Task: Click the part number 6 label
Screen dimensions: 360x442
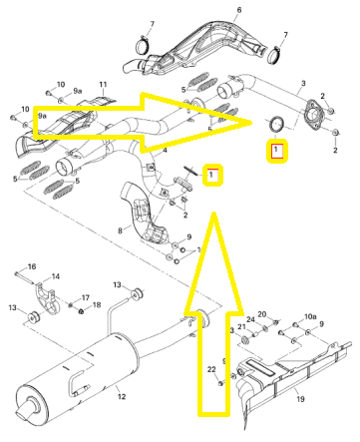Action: [239, 10]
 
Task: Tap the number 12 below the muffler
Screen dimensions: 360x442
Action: [122, 396]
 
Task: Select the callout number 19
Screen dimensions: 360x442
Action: [300, 399]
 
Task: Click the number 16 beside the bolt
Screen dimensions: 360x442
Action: [32, 266]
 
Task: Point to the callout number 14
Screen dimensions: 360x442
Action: [56, 276]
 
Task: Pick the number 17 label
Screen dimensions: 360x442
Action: [86, 297]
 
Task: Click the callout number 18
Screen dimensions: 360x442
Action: [97, 305]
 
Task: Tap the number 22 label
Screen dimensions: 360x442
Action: [211, 369]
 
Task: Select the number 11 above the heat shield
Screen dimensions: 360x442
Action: [103, 85]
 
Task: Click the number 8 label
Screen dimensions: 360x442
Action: [120, 230]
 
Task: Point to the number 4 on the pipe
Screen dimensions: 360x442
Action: [165, 151]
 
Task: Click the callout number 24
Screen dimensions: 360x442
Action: [250, 319]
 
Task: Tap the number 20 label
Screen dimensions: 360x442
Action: [262, 314]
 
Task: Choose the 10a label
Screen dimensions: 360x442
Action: [310, 316]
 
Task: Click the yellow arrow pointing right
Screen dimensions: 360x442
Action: [143, 123]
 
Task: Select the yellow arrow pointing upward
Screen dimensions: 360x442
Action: [213, 312]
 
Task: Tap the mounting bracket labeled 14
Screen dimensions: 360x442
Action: [47, 298]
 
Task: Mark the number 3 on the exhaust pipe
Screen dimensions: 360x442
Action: [303, 83]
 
